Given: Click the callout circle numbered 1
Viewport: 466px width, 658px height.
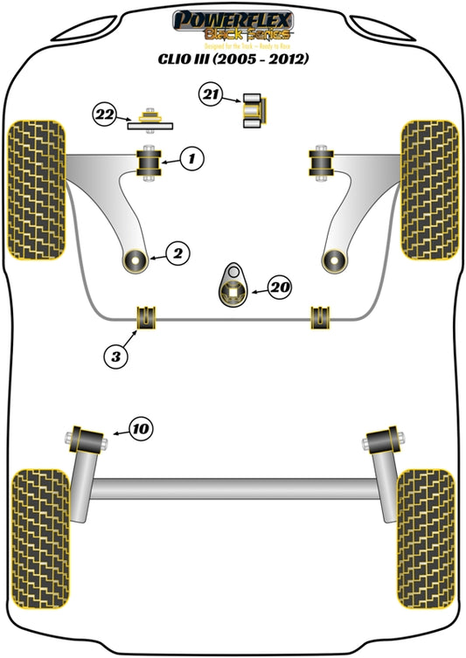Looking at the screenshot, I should pos(193,158).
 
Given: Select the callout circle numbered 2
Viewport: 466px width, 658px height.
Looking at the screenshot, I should pos(177,254).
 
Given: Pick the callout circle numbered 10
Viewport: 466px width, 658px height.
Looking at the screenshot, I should pos(141,427).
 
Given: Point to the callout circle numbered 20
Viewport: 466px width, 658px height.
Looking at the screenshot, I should pos(281,286).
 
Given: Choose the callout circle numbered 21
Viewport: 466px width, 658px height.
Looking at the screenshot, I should pos(211,94).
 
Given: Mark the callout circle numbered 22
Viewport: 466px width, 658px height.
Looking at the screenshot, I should pos(105,114).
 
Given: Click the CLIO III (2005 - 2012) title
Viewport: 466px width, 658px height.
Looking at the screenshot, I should pos(233,59).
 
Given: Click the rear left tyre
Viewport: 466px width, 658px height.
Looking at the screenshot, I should pos(40,518).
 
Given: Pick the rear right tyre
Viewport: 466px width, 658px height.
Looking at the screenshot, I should pos(426,518).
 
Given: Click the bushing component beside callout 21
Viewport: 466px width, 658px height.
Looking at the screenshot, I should pos(254,108).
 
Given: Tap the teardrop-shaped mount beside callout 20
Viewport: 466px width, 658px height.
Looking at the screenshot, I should pos(233,287).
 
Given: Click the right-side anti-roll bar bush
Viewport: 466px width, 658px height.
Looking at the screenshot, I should pos(321,319).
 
